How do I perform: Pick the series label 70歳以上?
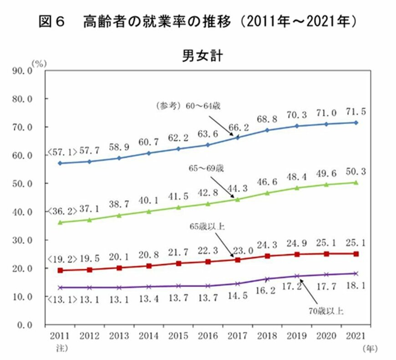[326, 312]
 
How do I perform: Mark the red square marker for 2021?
[356, 254]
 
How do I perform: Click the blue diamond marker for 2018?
[267, 130]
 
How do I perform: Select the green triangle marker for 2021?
[356, 182]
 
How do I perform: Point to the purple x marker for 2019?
[297, 276]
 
